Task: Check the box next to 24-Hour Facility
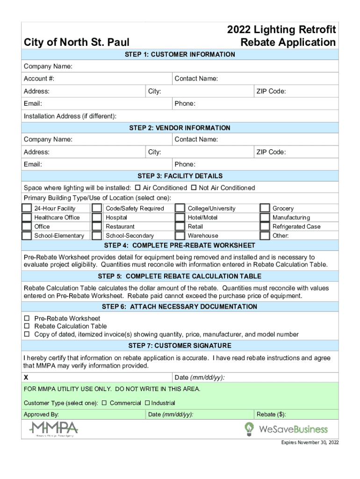click(x=27, y=208)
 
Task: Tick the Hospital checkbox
click(x=97, y=218)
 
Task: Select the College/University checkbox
click(x=180, y=208)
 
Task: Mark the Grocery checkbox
click(x=265, y=208)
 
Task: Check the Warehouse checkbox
click(x=180, y=235)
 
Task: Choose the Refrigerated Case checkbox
click(x=265, y=226)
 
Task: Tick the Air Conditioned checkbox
click(x=137, y=188)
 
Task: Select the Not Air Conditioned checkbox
click(x=194, y=188)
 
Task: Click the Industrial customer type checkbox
click(x=147, y=403)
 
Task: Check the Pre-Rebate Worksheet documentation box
click(x=27, y=319)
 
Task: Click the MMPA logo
click(x=54, y=428)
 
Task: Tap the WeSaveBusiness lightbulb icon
click(x=250, y=428)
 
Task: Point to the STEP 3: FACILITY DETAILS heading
click(x=180, y=176)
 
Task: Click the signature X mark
click(x=26, y=377)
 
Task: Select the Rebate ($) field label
click(x=271, y=414)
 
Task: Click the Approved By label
click(x=41, y=414)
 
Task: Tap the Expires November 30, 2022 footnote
click(x=310, y=443)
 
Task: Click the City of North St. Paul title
click(x=77, y=43)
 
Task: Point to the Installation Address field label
click(x=70, y=116)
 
